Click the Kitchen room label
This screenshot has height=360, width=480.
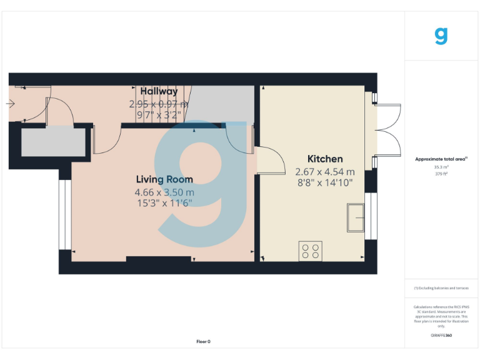point(324,159)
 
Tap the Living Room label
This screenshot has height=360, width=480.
point(164,179)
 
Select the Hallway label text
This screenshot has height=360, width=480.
point(159,92)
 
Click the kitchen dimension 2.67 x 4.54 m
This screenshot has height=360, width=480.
point(324,171)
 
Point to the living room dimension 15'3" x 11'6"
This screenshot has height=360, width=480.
point(164,202)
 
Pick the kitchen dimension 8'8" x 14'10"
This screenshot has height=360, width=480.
point(324,182)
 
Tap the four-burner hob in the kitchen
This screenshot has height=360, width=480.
point(310,250)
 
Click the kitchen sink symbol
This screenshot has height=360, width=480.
point(356,217)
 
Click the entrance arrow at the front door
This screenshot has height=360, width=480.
point(11,104)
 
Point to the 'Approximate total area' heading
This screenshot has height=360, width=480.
point(441,159)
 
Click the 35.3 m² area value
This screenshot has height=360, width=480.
point(441,167)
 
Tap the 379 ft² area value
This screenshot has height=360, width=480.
point(441,174)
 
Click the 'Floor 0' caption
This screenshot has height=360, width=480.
point(203,341)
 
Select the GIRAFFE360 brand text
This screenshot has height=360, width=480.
point(441,336)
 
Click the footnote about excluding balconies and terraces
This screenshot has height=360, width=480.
point(441,287)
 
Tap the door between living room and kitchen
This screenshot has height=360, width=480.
point(267,160)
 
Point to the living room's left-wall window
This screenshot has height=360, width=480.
point(62,216)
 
